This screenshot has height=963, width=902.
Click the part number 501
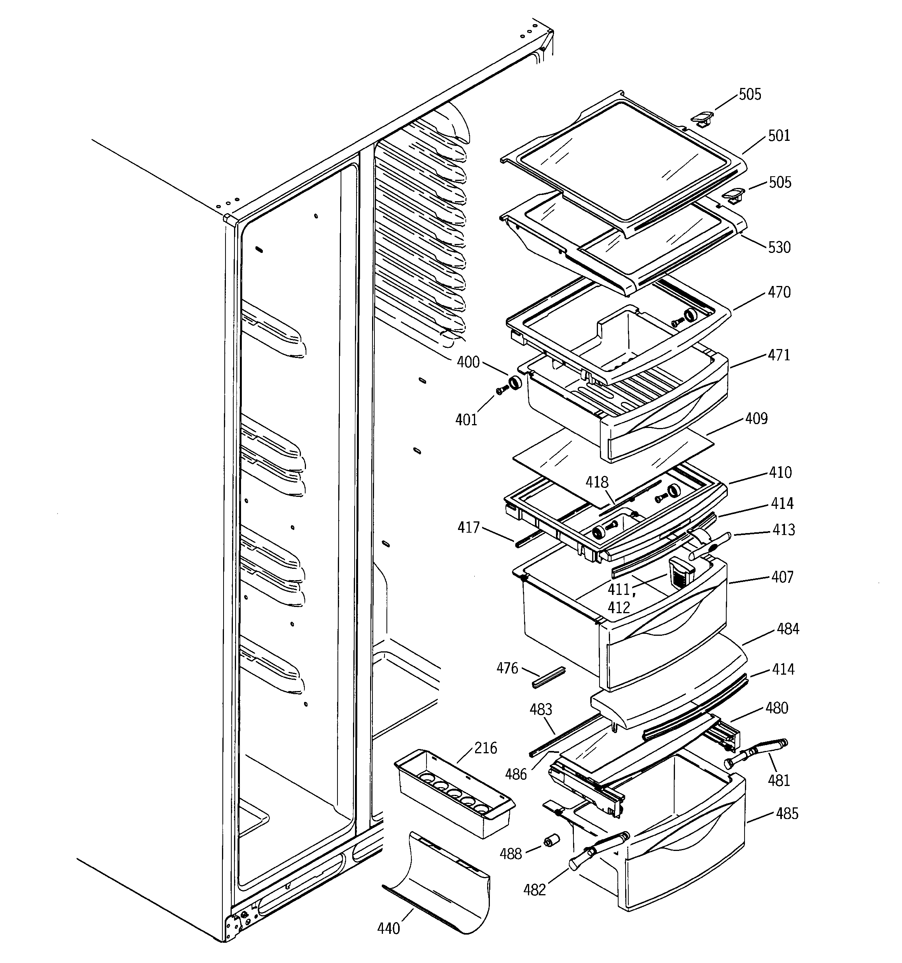click(x=779, y=136)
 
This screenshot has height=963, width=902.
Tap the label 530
click(x=779, y=247)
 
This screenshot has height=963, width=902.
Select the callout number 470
click(x=779, y=292)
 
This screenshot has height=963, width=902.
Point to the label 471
click(x=779, y=355)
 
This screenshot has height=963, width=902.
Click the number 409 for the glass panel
click(x=756, y=419)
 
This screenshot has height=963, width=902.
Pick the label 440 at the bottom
click(x=388, y=928)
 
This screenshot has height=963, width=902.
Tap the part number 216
click(x=485, y=748)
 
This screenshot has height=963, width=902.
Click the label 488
click(x=511, y=854)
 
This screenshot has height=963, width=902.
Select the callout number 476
click(x=507, y=668)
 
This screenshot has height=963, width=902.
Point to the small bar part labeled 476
click(x=549, y=677)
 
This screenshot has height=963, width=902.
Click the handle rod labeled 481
click(x=756, y=752)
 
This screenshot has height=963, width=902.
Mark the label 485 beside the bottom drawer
click(x=787, y=813)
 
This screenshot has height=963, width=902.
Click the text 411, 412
click(x=619, y=598)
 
